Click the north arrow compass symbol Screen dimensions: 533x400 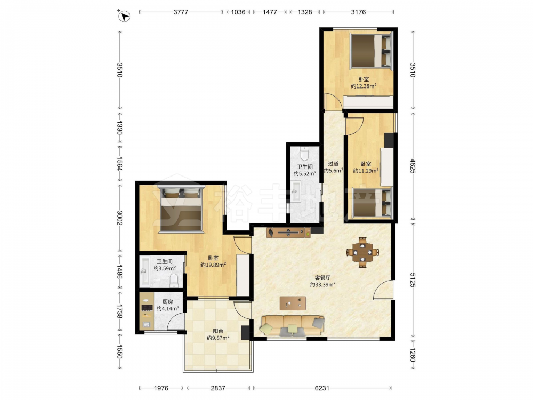[125, 16]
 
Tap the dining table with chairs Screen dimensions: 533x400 [362, 252]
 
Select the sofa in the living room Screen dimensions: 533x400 [292, 325]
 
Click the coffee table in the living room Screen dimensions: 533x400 [293, 303]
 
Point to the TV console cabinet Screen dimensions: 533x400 [288, 233]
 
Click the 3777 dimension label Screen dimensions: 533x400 [181, 12]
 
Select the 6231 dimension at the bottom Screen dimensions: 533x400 [322, 388]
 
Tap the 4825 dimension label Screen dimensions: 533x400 [413, 166]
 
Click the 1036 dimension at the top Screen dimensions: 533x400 [238, 12]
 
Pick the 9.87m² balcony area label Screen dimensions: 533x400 [218, 338]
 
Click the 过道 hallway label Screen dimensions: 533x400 [333, 164]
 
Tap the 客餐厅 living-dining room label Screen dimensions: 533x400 [322, 277]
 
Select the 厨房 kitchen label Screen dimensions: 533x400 [167, 302]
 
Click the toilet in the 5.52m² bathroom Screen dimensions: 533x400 [304, 154]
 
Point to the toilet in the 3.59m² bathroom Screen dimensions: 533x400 [174, 281]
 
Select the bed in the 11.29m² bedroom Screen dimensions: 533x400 [372, 203]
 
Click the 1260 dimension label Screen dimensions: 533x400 [413, 355]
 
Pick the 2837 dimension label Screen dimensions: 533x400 [218, 388]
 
